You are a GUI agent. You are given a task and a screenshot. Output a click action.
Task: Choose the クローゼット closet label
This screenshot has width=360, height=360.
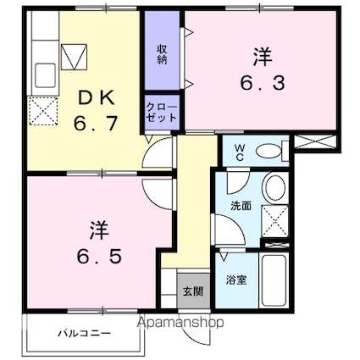(x=162, y=113)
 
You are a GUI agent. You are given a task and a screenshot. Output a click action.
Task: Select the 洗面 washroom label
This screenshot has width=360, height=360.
(x=241, y=206)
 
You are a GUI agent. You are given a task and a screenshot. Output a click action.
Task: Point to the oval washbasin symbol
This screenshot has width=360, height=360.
(x=274, y=188)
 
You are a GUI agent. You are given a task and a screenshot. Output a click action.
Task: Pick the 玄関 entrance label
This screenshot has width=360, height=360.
(x=192, y=291)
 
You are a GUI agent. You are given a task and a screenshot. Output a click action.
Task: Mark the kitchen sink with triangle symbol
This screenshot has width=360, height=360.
(x=75, y=55)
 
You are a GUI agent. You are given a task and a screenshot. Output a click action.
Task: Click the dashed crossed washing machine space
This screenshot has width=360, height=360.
(x=274, y=220)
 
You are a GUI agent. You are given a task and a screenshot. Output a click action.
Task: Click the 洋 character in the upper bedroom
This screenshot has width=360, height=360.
(x=261, y=57)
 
